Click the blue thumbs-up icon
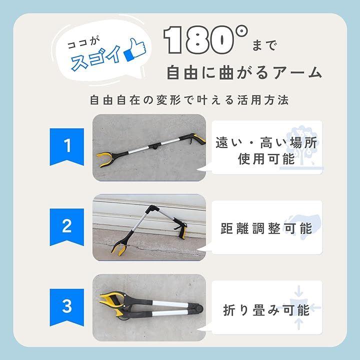(135, 50)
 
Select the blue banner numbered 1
(67, 146)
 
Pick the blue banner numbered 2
(67, 227)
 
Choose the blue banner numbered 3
(67, 307)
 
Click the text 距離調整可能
(266, 228)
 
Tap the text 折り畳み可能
(266, 310)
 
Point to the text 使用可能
(266, 159)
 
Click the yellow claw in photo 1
(104, 159)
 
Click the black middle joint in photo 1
(154, 146)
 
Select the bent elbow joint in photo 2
(152, 209)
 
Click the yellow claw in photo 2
(119, 248)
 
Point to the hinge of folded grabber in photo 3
(198, 308)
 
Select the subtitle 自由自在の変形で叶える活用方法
(189, 100)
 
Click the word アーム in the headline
(298, 72)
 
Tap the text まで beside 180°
(264, 45)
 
